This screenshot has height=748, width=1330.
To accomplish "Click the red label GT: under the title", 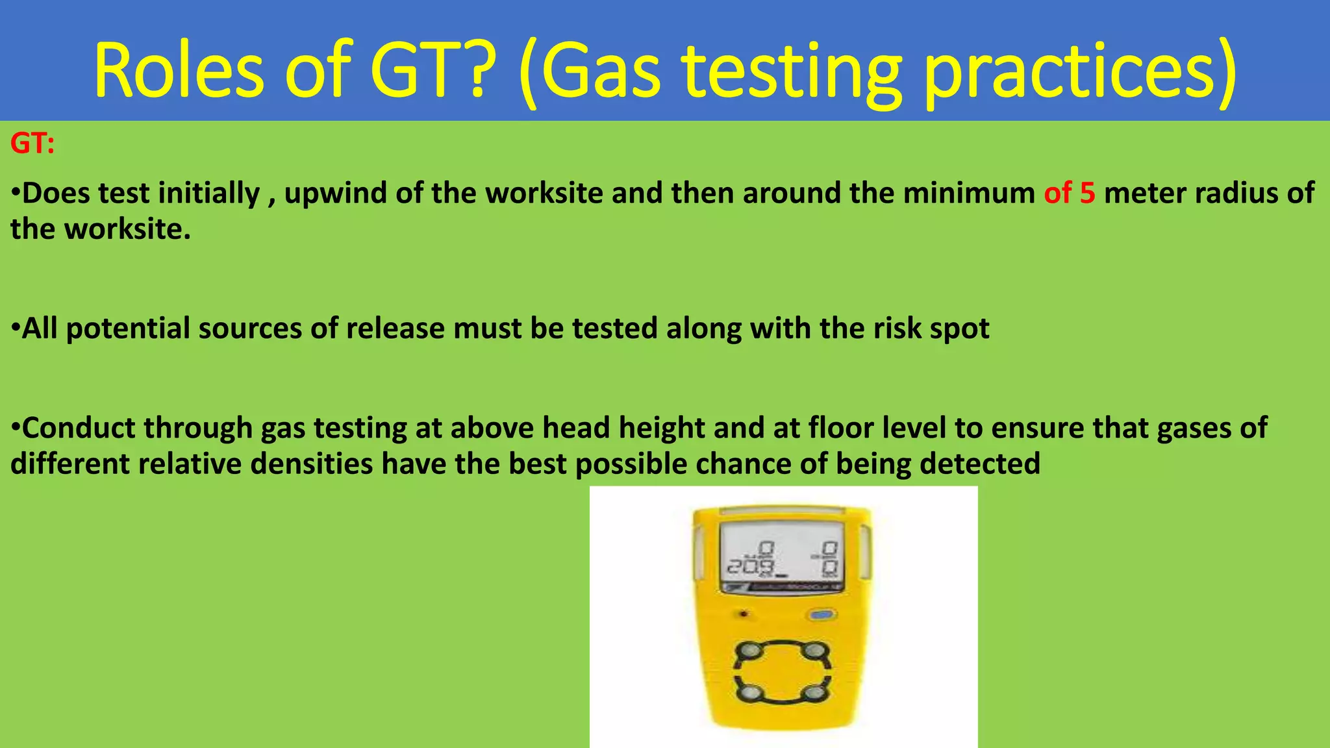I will click(x=32, y=143).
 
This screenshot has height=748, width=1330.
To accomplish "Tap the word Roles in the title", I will click(x=179, y=70).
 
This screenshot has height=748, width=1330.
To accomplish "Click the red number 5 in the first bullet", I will click(x=1088, y=193).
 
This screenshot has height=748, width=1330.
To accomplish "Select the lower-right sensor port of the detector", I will click(x=814, y=693).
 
